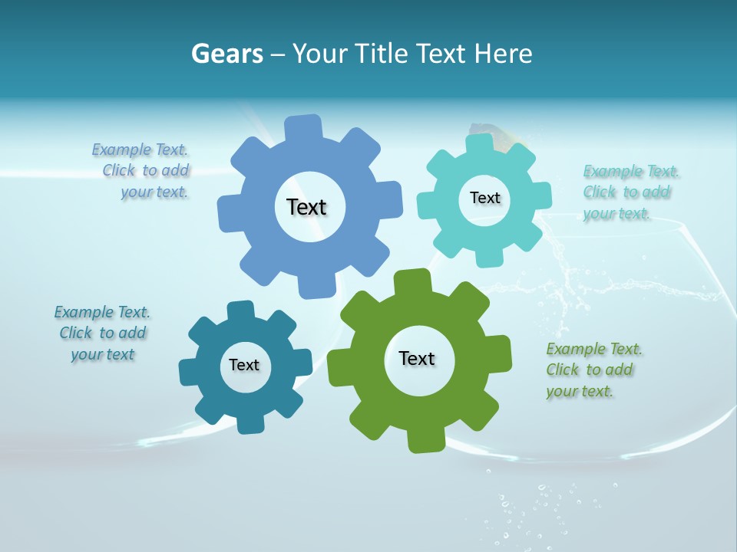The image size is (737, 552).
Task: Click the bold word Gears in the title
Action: click(x=226, y=54)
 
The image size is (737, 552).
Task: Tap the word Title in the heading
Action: click(x=380, y=54)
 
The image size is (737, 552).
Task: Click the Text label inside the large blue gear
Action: click(x=306, y=207)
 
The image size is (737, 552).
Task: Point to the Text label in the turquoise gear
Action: click(x=484, y=198)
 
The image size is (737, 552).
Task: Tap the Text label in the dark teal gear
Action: click(x=244, y=365)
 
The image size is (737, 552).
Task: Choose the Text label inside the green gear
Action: click(x=417, y=358)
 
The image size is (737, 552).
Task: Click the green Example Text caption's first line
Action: click(x=594, y=350)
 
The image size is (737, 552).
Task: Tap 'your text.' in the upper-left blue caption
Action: click(x=154, y=192)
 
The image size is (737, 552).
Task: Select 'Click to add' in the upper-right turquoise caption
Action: click(x=626, y=192)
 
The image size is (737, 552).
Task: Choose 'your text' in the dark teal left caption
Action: click(x=103, y=354)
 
